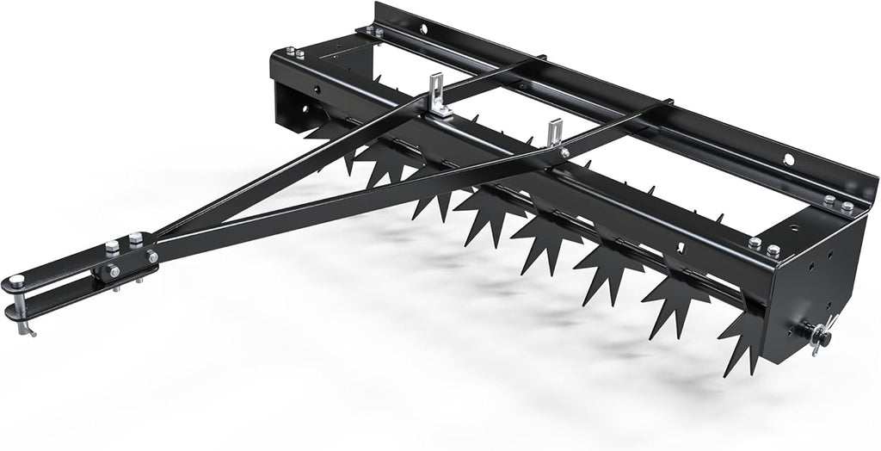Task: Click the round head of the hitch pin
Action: pos(15,280)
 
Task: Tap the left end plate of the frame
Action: pos(297,103)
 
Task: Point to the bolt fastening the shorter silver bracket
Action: pos(565,153)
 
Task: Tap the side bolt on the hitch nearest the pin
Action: pos(112,271)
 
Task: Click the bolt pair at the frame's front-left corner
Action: pos(294,53)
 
